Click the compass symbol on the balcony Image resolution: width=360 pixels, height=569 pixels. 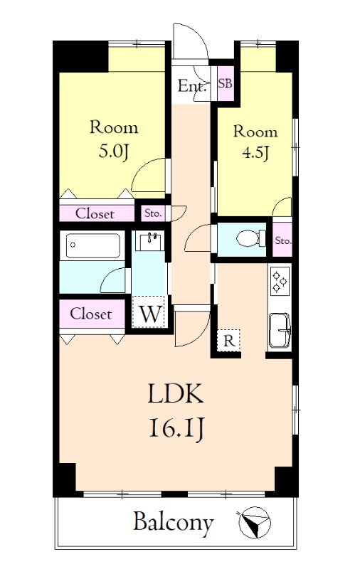click(255, 522)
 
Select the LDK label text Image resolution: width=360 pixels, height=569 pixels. click(176, 395)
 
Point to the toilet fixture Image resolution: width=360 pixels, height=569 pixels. click(250, 239)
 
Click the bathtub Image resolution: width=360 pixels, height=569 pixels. click(93, 245)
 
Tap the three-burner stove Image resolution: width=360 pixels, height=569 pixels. click(280, 280)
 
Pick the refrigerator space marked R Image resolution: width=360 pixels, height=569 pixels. click(228, 341)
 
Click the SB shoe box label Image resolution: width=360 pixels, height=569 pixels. click(225, 83)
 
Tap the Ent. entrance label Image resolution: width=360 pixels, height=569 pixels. click(192, 86)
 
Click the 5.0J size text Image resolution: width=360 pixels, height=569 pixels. click(114, 152)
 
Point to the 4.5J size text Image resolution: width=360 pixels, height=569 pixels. click(255, 153)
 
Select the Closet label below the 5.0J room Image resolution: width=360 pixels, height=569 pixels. click(95, 214)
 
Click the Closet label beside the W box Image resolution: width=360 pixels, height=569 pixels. click(91, 314)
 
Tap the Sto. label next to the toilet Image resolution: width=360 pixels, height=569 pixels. click(283, 240)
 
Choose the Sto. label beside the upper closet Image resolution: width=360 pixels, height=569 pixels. click(153, 213)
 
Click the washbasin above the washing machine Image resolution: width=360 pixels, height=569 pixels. click(149, 241)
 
